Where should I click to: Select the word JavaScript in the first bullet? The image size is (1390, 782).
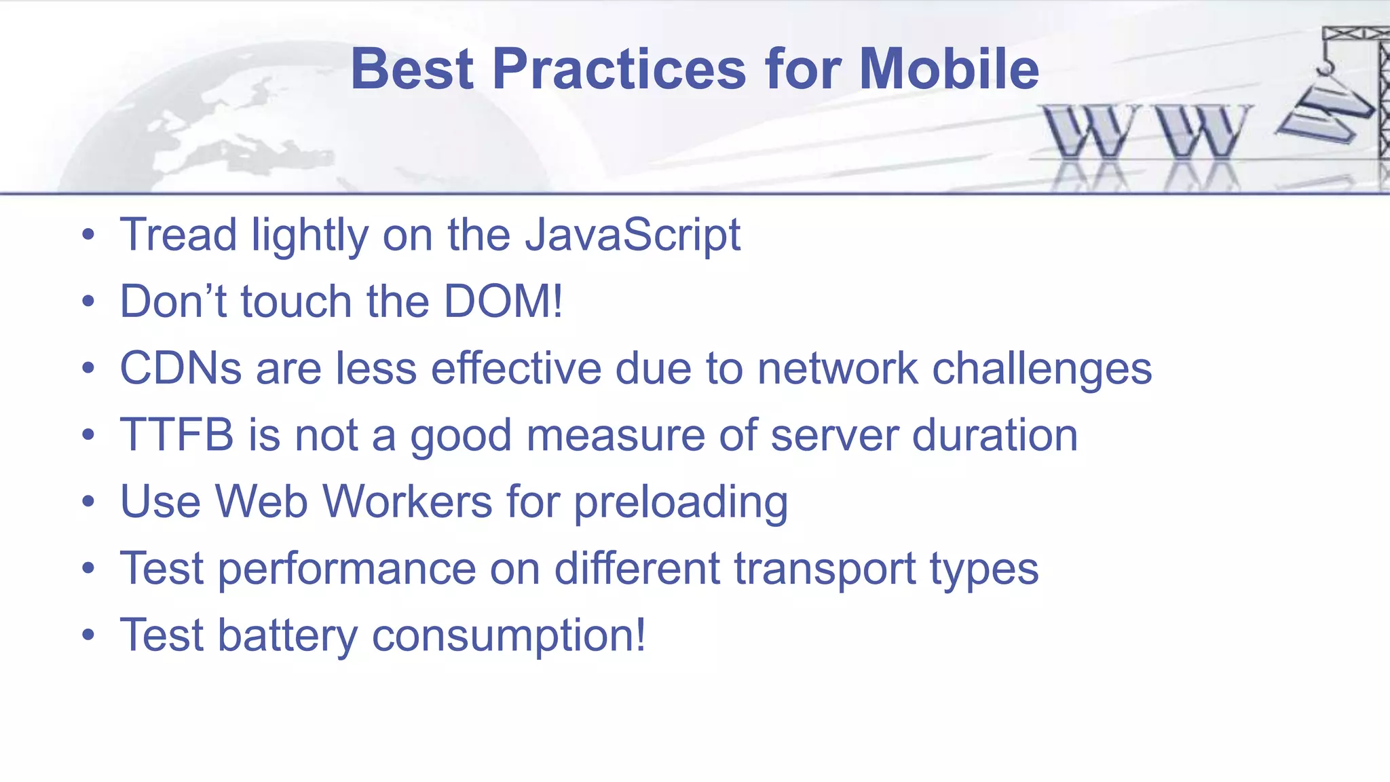pyautogui.click(x=633, y=236)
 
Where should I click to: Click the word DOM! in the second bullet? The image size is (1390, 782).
pyautogui.click(x=503, y=301)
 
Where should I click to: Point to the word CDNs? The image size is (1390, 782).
pyautogui.click(x=181, y=369)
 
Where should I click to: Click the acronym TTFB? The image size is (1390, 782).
pyautogui.click(x=176, y=435)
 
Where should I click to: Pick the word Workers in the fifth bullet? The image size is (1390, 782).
pyautogui.click(x=407, y=502)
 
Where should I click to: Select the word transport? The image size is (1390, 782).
pyautogui.click(x=825, y=569)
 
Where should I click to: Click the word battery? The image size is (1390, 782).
pyautogui.click(x=287, y=635)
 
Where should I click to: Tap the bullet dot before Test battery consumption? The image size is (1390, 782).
pyautogui.click(x=88, y=636)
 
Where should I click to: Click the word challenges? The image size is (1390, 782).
pyautogui.click(x=1042, y=369)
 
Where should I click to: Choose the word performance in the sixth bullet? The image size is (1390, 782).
pyautogui.click(x=347, y=569)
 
